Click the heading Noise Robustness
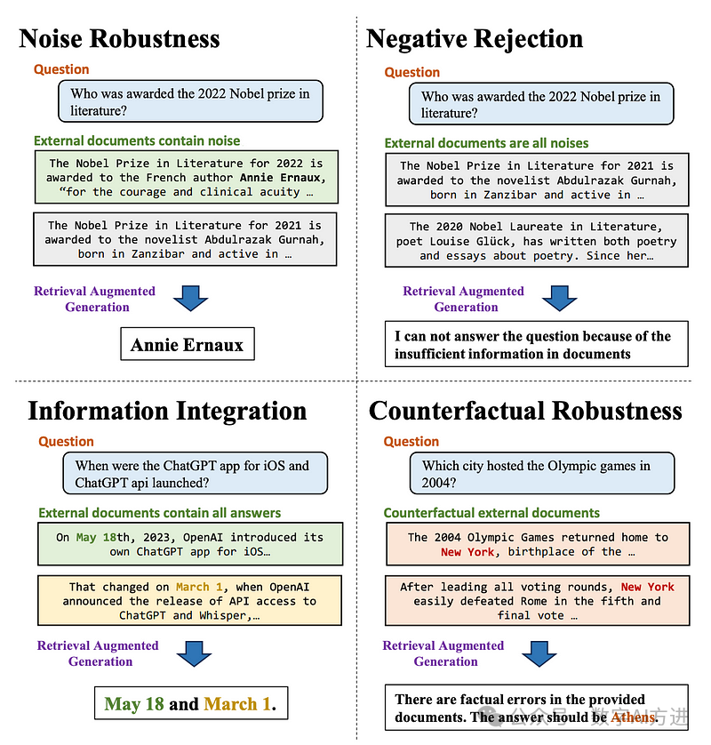[x=119, y=39]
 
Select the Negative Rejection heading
[x=475, y=39]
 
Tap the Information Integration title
[x=167, y=411]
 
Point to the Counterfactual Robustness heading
[x=525, y=411]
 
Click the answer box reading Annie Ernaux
[x=187, y=345]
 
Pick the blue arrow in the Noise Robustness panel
[x=190, y=299]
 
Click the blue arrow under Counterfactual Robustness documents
[x=539, y=653]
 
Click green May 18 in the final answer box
[x=134, y=704]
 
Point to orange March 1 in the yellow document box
[x=192, y=587]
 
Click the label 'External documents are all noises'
[x=486, y=143]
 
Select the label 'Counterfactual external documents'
[x=491, y=513]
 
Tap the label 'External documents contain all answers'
[x=160, y=513]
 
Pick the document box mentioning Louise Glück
[x=536, y=241]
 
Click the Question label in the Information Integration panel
[x=66, y=442]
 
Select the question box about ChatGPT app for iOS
[x=195, y=474]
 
